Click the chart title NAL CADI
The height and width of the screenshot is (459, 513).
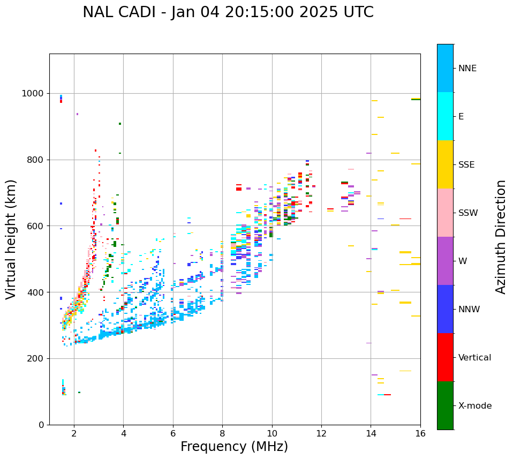click(x=228, y=12)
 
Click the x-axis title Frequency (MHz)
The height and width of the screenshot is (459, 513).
click(x=234, y=447)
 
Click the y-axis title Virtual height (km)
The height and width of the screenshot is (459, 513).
click(x=11, y=239)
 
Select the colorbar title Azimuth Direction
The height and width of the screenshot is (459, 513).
click(x=501, y=237)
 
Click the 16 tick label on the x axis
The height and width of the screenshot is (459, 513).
click(x=420, y=433)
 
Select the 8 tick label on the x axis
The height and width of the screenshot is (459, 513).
click(x=222, y=433)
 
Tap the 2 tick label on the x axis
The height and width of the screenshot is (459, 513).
click(x=74, y=433)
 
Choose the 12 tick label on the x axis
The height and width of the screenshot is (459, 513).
click(x=321, y=433)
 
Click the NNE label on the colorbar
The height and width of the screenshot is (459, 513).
click(x=467, y=69)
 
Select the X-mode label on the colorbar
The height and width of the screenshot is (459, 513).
click(x=475, y=406)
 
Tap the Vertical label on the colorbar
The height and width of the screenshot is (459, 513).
click(x=474, y=358)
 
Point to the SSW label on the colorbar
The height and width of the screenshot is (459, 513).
click(x=468, y=213)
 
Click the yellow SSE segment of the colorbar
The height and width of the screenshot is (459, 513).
click(x=445, y=164)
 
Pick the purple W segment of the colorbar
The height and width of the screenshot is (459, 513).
click(x=445, y=261)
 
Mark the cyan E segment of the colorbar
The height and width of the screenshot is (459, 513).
click(x=445, y=116)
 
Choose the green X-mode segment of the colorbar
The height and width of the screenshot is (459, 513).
click(x=445, y=405)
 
